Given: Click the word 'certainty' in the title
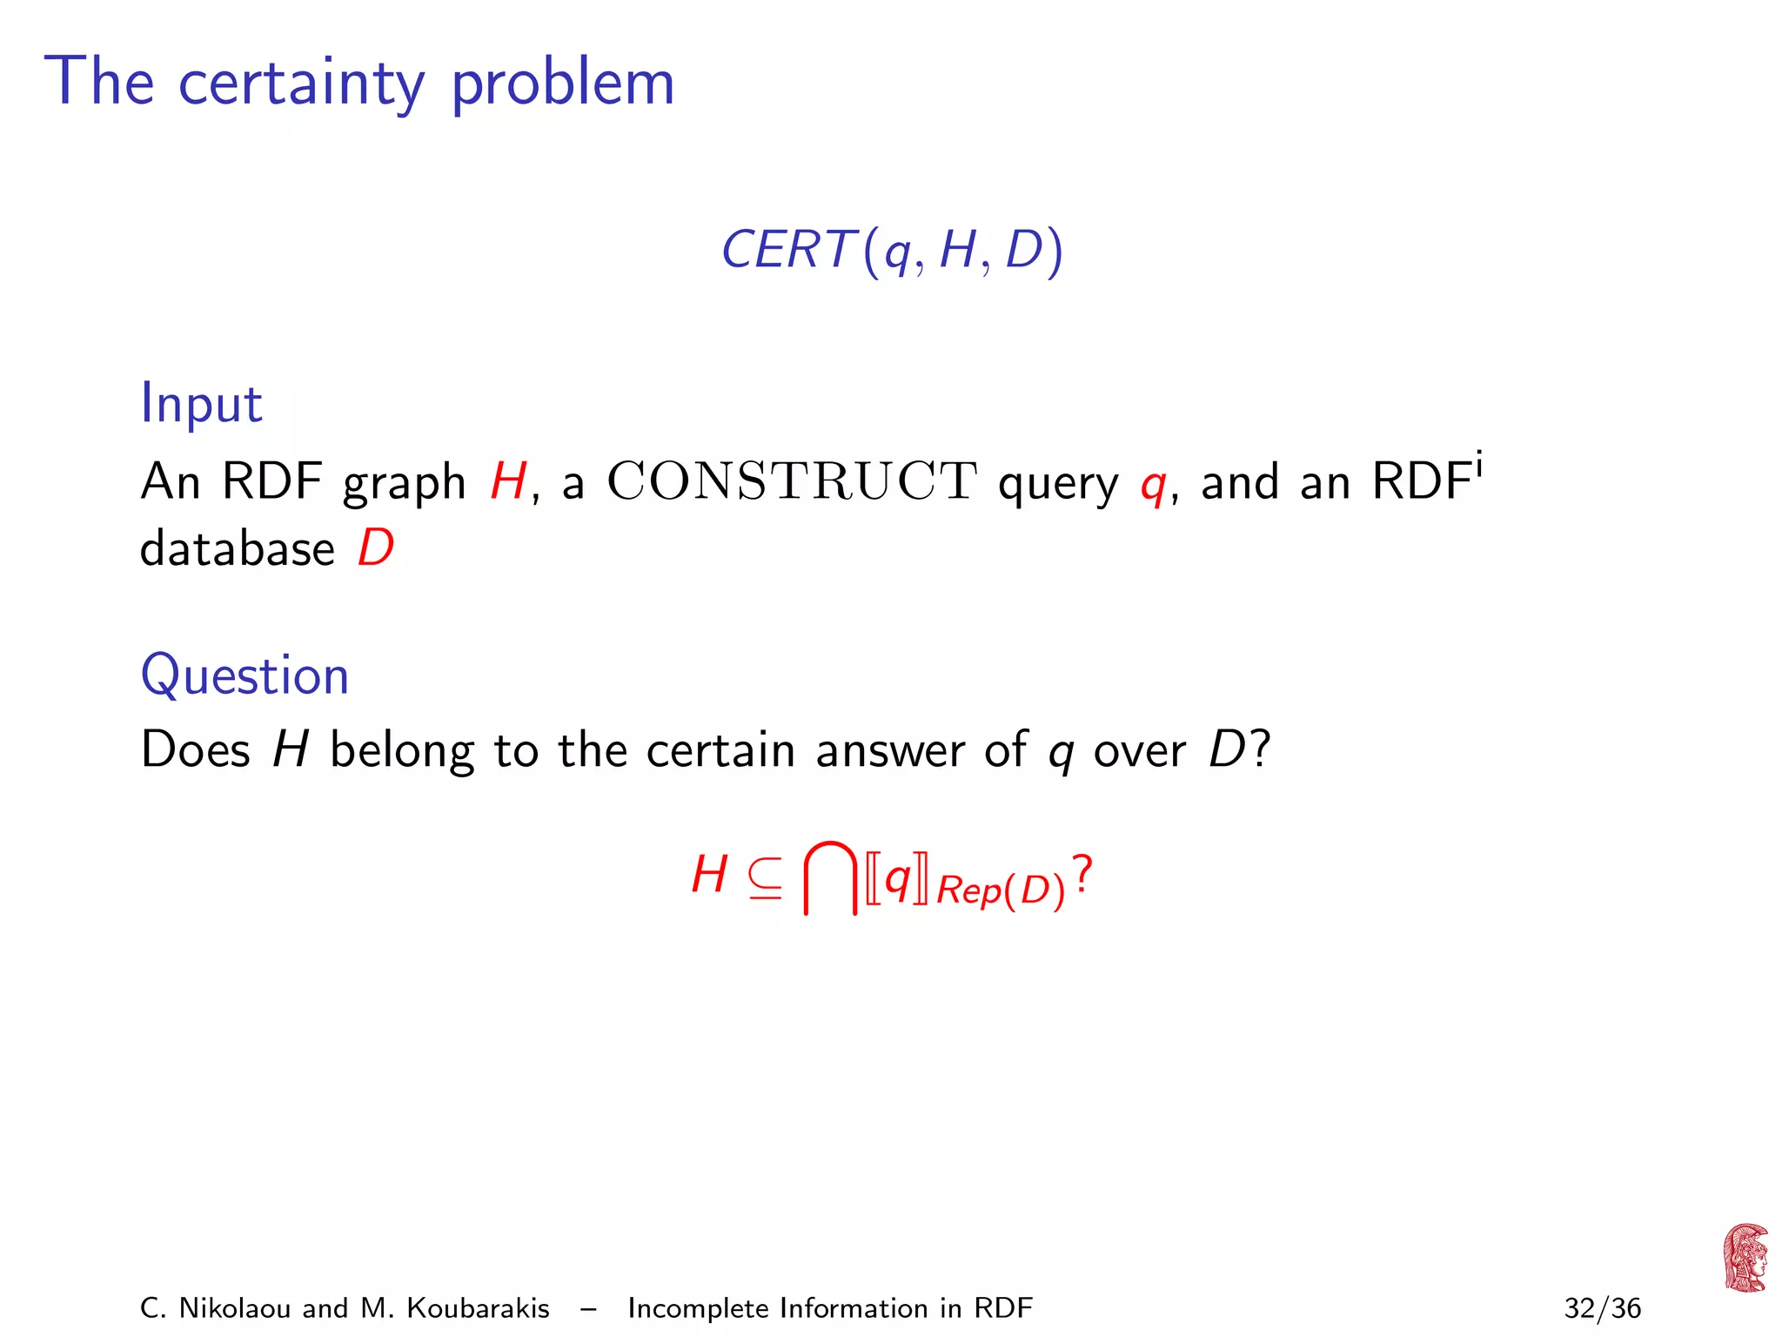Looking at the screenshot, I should (301, 84).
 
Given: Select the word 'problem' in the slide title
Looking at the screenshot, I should (563, 85).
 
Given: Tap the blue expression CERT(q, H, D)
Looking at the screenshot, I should (892, 251).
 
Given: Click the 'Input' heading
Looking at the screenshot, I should (201, 405).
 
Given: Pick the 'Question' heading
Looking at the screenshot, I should (245, 676).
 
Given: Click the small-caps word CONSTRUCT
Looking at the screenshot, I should (792, 481).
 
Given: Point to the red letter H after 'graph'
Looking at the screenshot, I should (508, 481).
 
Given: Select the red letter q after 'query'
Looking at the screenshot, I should (1153, 486).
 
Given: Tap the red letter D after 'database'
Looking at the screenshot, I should (376, 549).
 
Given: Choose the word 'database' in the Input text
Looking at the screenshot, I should (237, 549).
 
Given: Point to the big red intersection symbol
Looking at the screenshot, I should (830, 877).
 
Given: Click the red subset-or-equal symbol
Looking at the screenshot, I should (765, 877).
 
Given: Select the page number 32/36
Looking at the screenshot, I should (1602, 1308).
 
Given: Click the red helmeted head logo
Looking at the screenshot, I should (1745, 1258).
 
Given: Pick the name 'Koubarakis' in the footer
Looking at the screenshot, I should (478, 1308).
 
